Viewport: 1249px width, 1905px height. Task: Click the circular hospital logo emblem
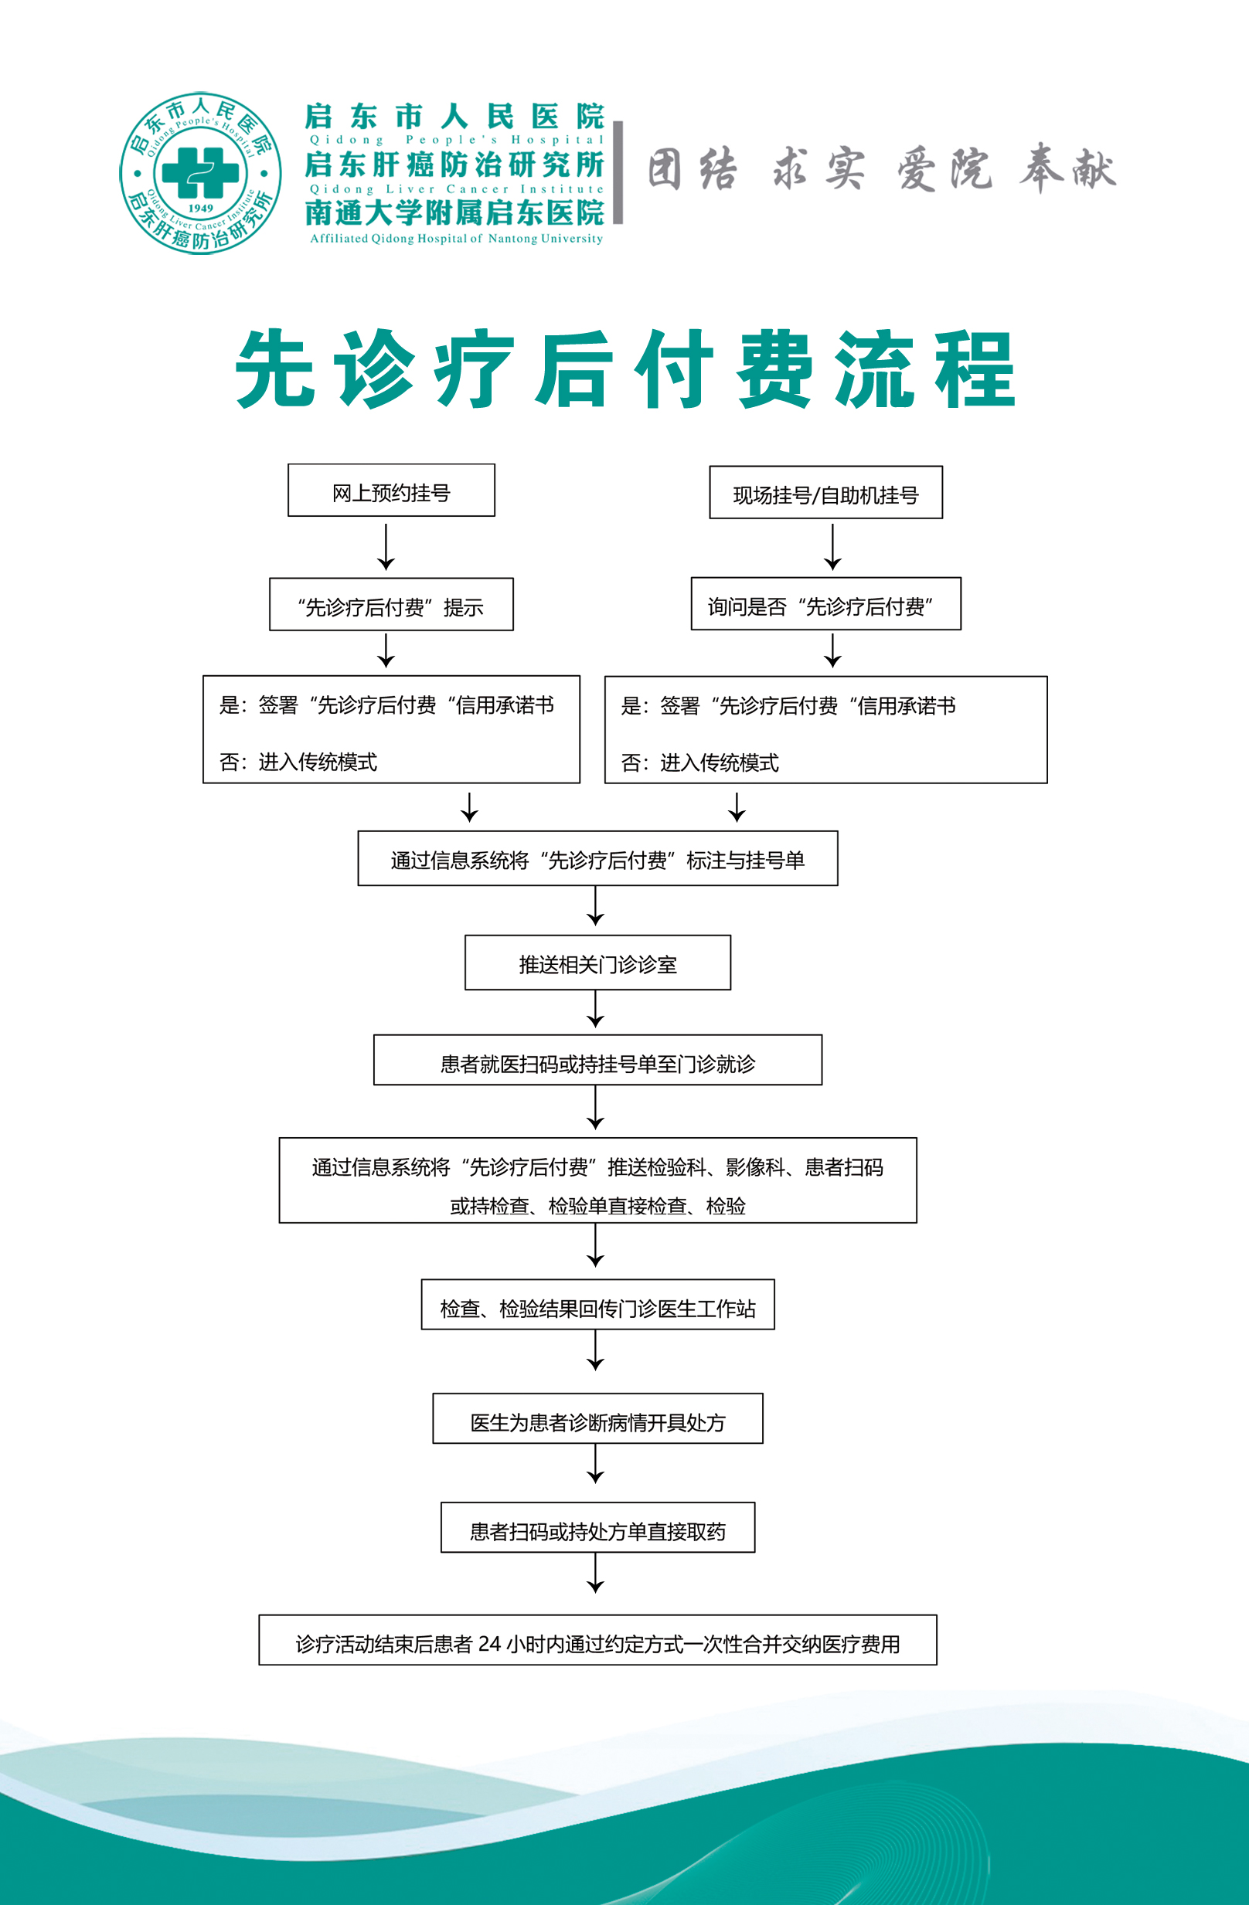pos(200,173)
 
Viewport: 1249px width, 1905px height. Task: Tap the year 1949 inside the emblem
pos(200,208)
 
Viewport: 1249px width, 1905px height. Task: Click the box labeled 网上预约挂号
pos(391,491)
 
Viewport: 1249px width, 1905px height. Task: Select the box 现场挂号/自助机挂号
pos(825,493)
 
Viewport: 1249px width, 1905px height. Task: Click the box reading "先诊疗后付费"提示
pos(391,605)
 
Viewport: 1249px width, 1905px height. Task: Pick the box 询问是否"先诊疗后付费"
pos(825,604)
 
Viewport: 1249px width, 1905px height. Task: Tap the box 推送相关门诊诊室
pos(597,963)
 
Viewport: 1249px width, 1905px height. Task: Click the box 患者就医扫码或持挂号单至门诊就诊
pos(597,1061)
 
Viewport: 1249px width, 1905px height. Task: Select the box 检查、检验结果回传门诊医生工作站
pos(597,1306)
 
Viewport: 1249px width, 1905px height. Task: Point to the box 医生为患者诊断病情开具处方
pos(597,1419)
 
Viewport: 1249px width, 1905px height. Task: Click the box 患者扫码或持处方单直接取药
pos(597,1528)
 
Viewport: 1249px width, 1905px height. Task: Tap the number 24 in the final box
pos(489,1644)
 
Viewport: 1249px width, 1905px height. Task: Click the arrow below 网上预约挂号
pos(386,548)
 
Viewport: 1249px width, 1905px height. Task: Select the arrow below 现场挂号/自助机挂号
pos(832,548)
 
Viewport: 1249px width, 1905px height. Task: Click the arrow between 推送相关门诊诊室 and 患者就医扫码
pos(596,1010)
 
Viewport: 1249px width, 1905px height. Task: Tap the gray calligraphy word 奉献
pos(1067,170)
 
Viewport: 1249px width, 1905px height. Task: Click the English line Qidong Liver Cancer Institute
pos(456,190)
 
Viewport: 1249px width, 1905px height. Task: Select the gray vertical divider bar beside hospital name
pos(618,172)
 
